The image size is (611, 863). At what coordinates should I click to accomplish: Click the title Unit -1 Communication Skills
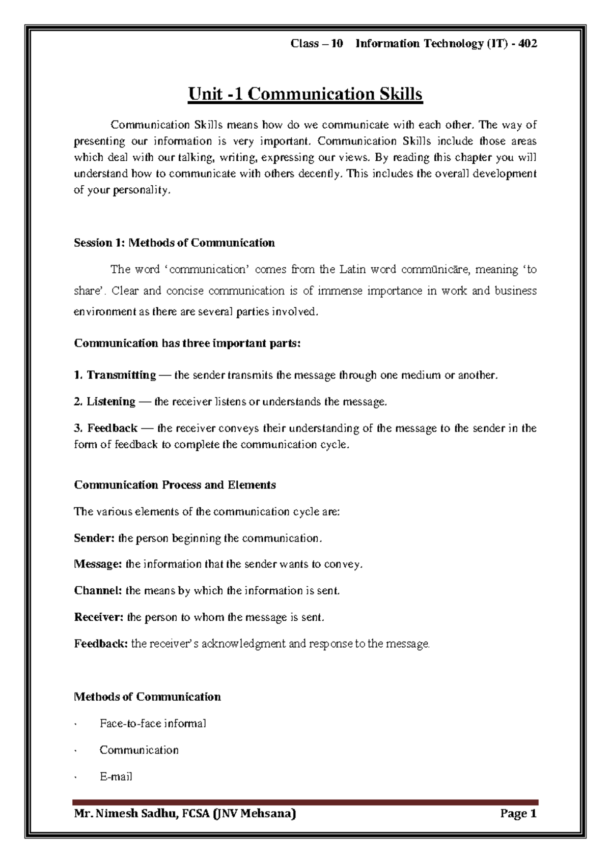click(x=305, y=95)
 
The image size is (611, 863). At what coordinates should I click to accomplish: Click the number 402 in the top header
click(x=527, y=44)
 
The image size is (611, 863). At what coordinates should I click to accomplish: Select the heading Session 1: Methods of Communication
click(x=174, y=243)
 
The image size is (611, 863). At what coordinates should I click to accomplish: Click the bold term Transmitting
click(x=121, y=376)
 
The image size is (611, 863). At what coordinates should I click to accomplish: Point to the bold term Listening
click(x=110, y=402)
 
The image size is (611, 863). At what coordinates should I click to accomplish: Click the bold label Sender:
click(x=95, y=538)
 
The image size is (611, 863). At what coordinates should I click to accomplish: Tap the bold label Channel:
click(x=98, y=591)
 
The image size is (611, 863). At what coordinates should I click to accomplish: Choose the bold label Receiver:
click(x=99, y=617)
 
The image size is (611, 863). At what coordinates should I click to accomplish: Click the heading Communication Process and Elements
click(x=175, y=485)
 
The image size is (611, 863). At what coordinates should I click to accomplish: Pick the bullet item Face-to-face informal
click(x=153, y=724)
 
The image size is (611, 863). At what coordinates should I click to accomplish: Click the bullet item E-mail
click(x=116, y=777)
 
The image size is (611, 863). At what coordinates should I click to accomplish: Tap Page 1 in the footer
click(x=518, y=814)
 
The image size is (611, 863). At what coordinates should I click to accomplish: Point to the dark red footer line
click(x=305, y=802)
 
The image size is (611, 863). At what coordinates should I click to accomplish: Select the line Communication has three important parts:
click(x=187, y=343)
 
